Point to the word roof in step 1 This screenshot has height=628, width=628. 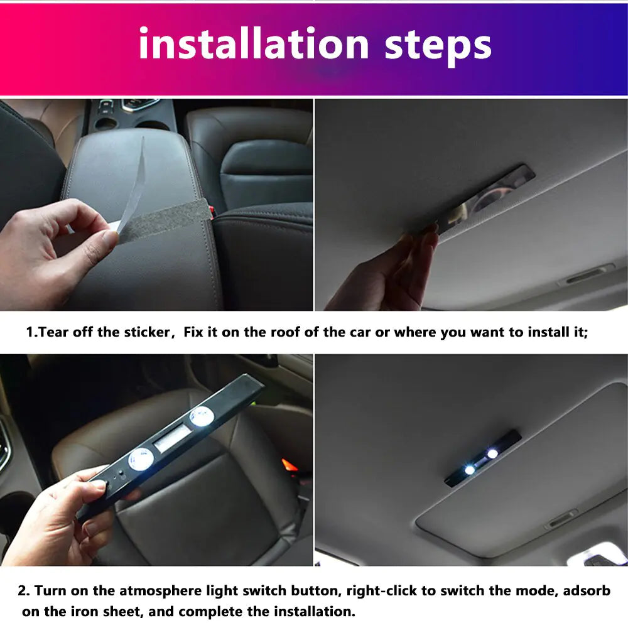tap(286, 332)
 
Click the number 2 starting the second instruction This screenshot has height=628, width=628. tap(23, 591)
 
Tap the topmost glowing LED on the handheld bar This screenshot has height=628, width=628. tap(201, 415)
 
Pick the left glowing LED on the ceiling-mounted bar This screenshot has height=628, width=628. tap(470, 470)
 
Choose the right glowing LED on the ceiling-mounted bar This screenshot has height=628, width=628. tap(492, 453)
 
